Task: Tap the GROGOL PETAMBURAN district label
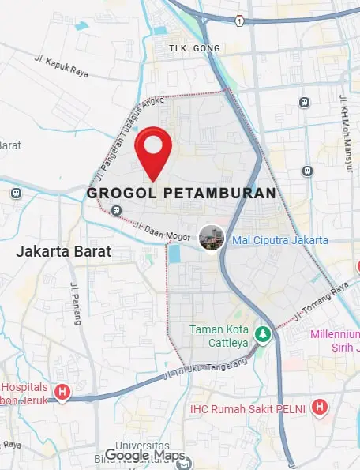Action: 182,194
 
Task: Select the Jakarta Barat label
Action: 65,252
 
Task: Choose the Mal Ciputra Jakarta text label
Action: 280,240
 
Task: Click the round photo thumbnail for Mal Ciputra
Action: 211,237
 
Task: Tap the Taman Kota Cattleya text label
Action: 218,336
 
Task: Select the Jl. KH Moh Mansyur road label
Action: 344,126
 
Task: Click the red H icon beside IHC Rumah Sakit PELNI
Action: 320,408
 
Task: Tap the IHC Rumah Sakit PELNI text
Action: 249,409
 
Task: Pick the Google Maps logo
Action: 145,456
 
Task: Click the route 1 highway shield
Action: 238,21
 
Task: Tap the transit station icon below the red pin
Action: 117,210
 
